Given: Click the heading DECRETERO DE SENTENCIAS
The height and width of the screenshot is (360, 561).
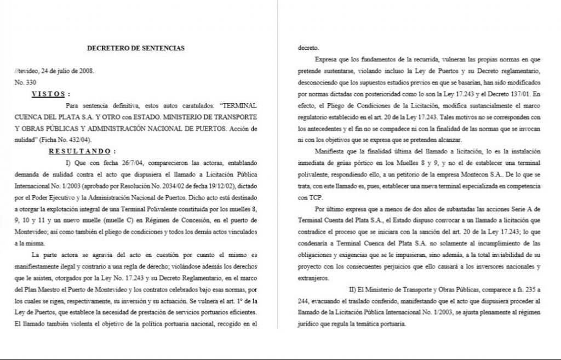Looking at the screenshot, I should click(x=136, y=48).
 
